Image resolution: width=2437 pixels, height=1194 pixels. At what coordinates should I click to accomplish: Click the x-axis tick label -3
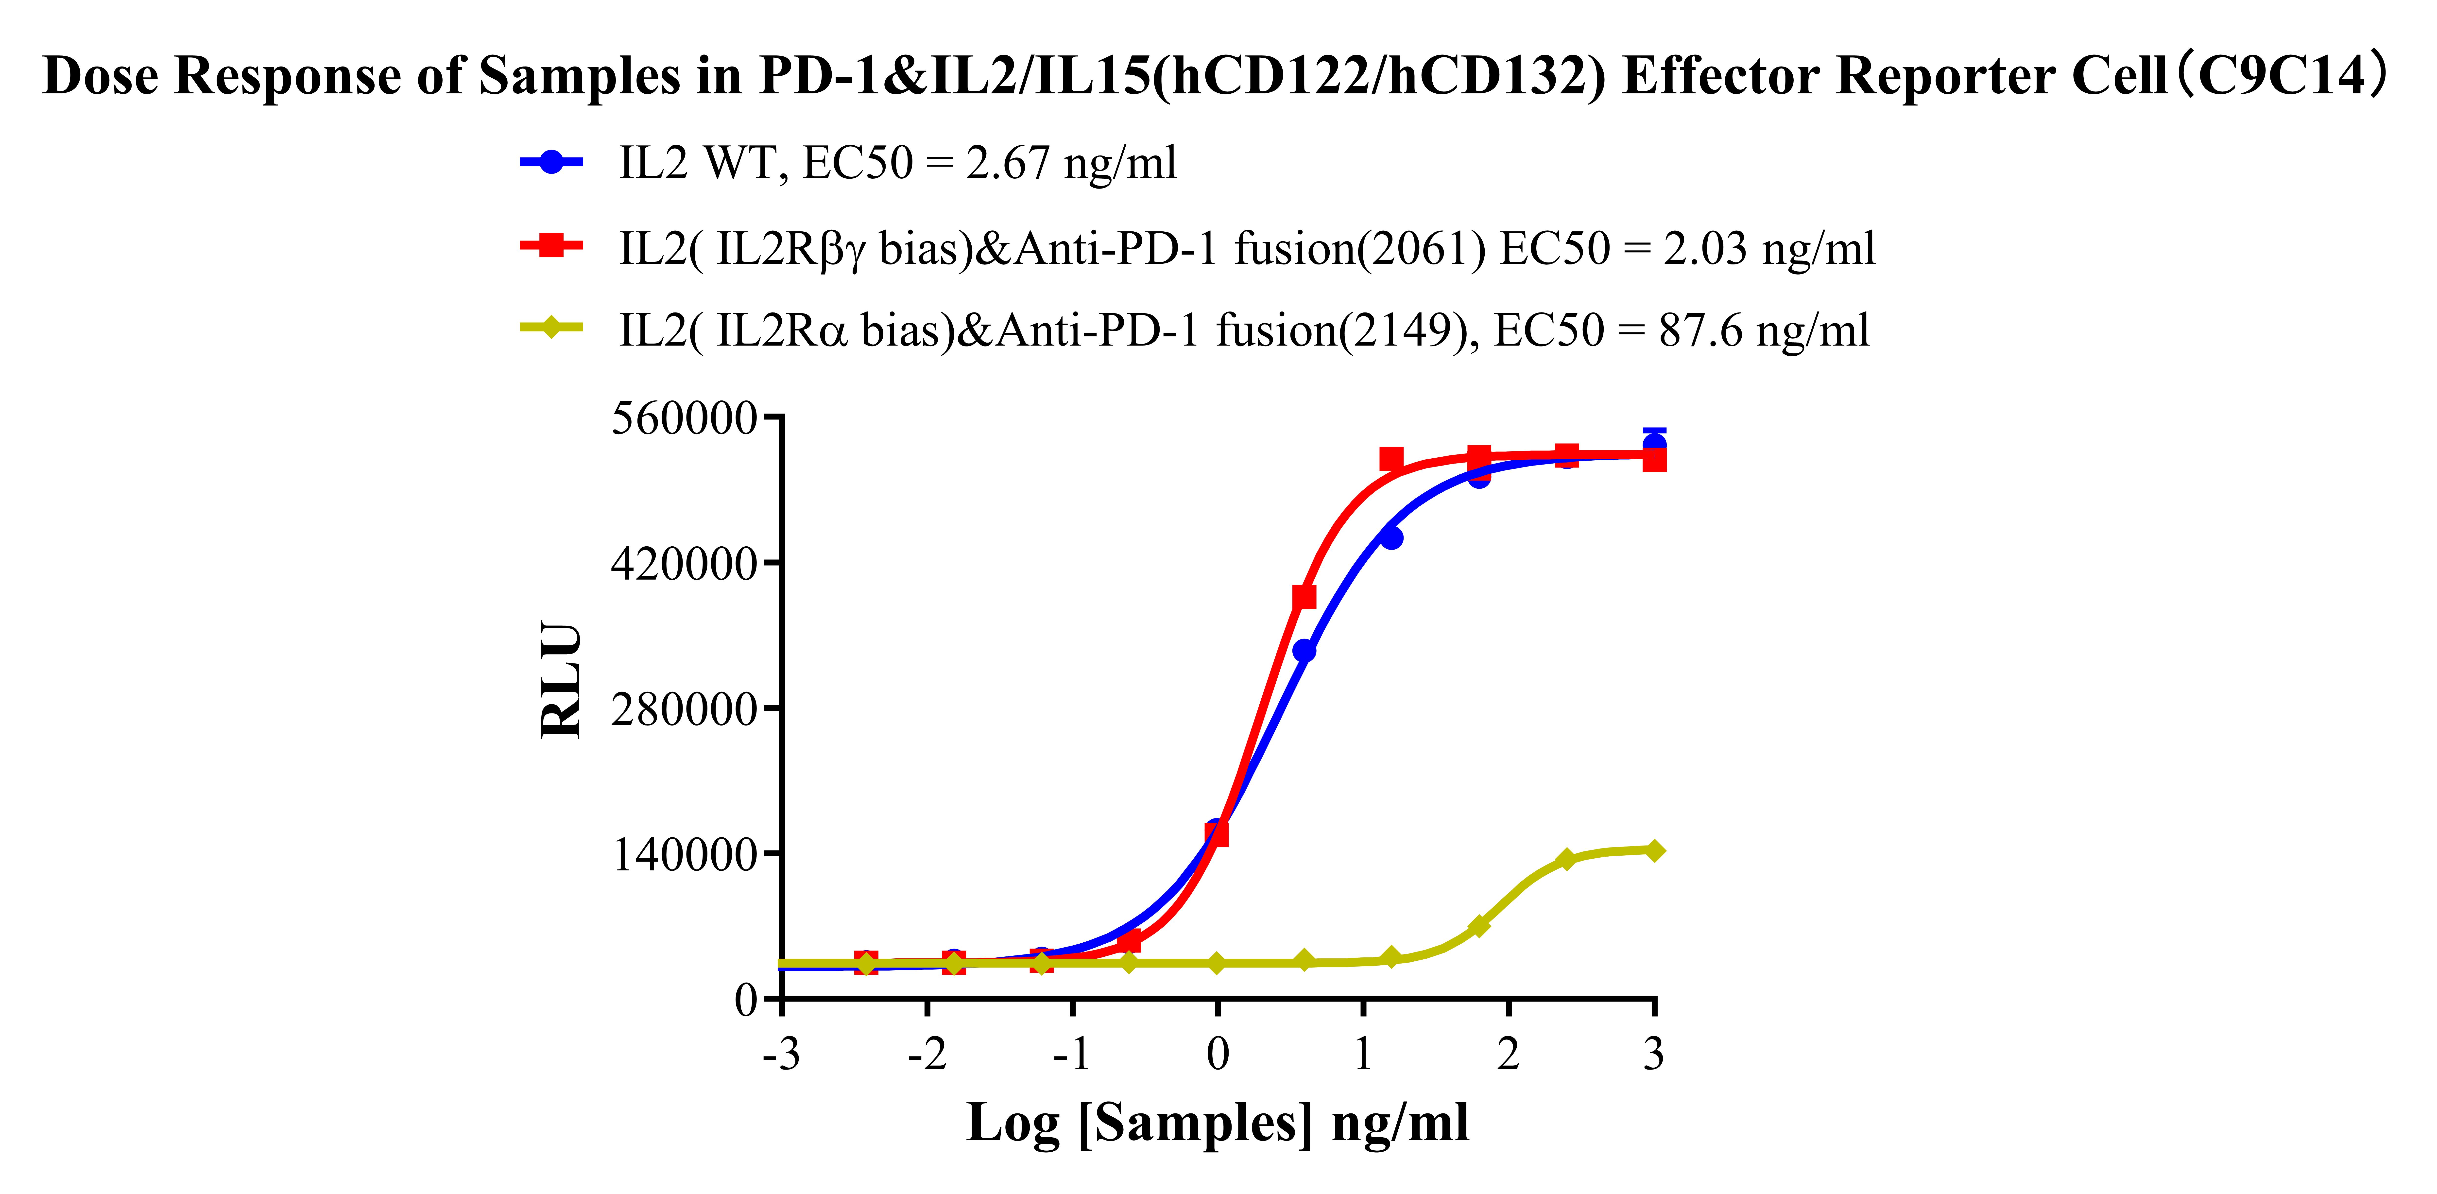(x=781, y=1053)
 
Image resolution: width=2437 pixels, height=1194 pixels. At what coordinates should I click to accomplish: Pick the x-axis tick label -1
(x=1072, y=1053)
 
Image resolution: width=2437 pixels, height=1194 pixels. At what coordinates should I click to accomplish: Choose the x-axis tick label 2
(x=1508, y=1053)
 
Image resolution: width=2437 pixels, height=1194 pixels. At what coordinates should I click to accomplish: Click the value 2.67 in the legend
(x=1008, y=163)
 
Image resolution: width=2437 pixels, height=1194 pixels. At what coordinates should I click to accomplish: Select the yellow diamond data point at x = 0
(x=1218, y=963)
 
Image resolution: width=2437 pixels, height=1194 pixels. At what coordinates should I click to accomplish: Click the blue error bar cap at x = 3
(x=1654, y=432)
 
